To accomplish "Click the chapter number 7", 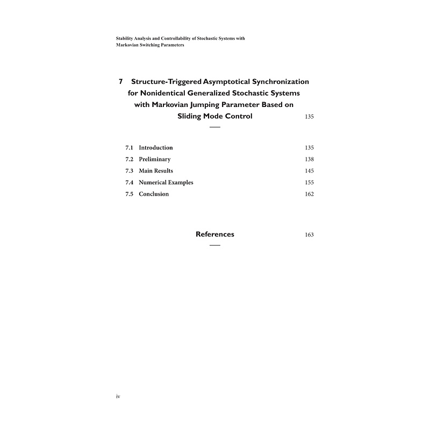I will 121,82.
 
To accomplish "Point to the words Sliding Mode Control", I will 214,116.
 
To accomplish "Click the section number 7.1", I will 129,148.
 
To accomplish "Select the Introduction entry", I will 156,148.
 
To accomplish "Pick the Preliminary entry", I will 155,160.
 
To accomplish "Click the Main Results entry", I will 156,171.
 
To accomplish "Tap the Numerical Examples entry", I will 166,183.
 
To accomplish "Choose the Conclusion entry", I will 154,194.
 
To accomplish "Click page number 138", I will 309,160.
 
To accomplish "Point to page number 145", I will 309,171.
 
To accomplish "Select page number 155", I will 309,183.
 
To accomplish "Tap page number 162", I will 309,194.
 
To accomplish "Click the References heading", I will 215,234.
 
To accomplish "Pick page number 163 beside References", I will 309,235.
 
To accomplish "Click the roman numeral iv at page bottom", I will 118,397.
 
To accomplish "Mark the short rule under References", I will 215,246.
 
